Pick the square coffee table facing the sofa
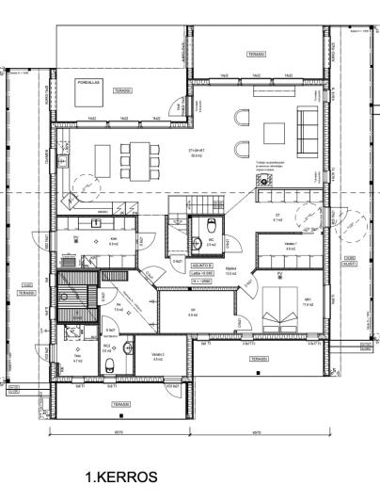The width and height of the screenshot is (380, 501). click(274, 131)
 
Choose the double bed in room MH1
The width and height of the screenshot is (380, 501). click(278, 308)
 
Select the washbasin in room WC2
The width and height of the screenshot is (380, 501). click(109, 345)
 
